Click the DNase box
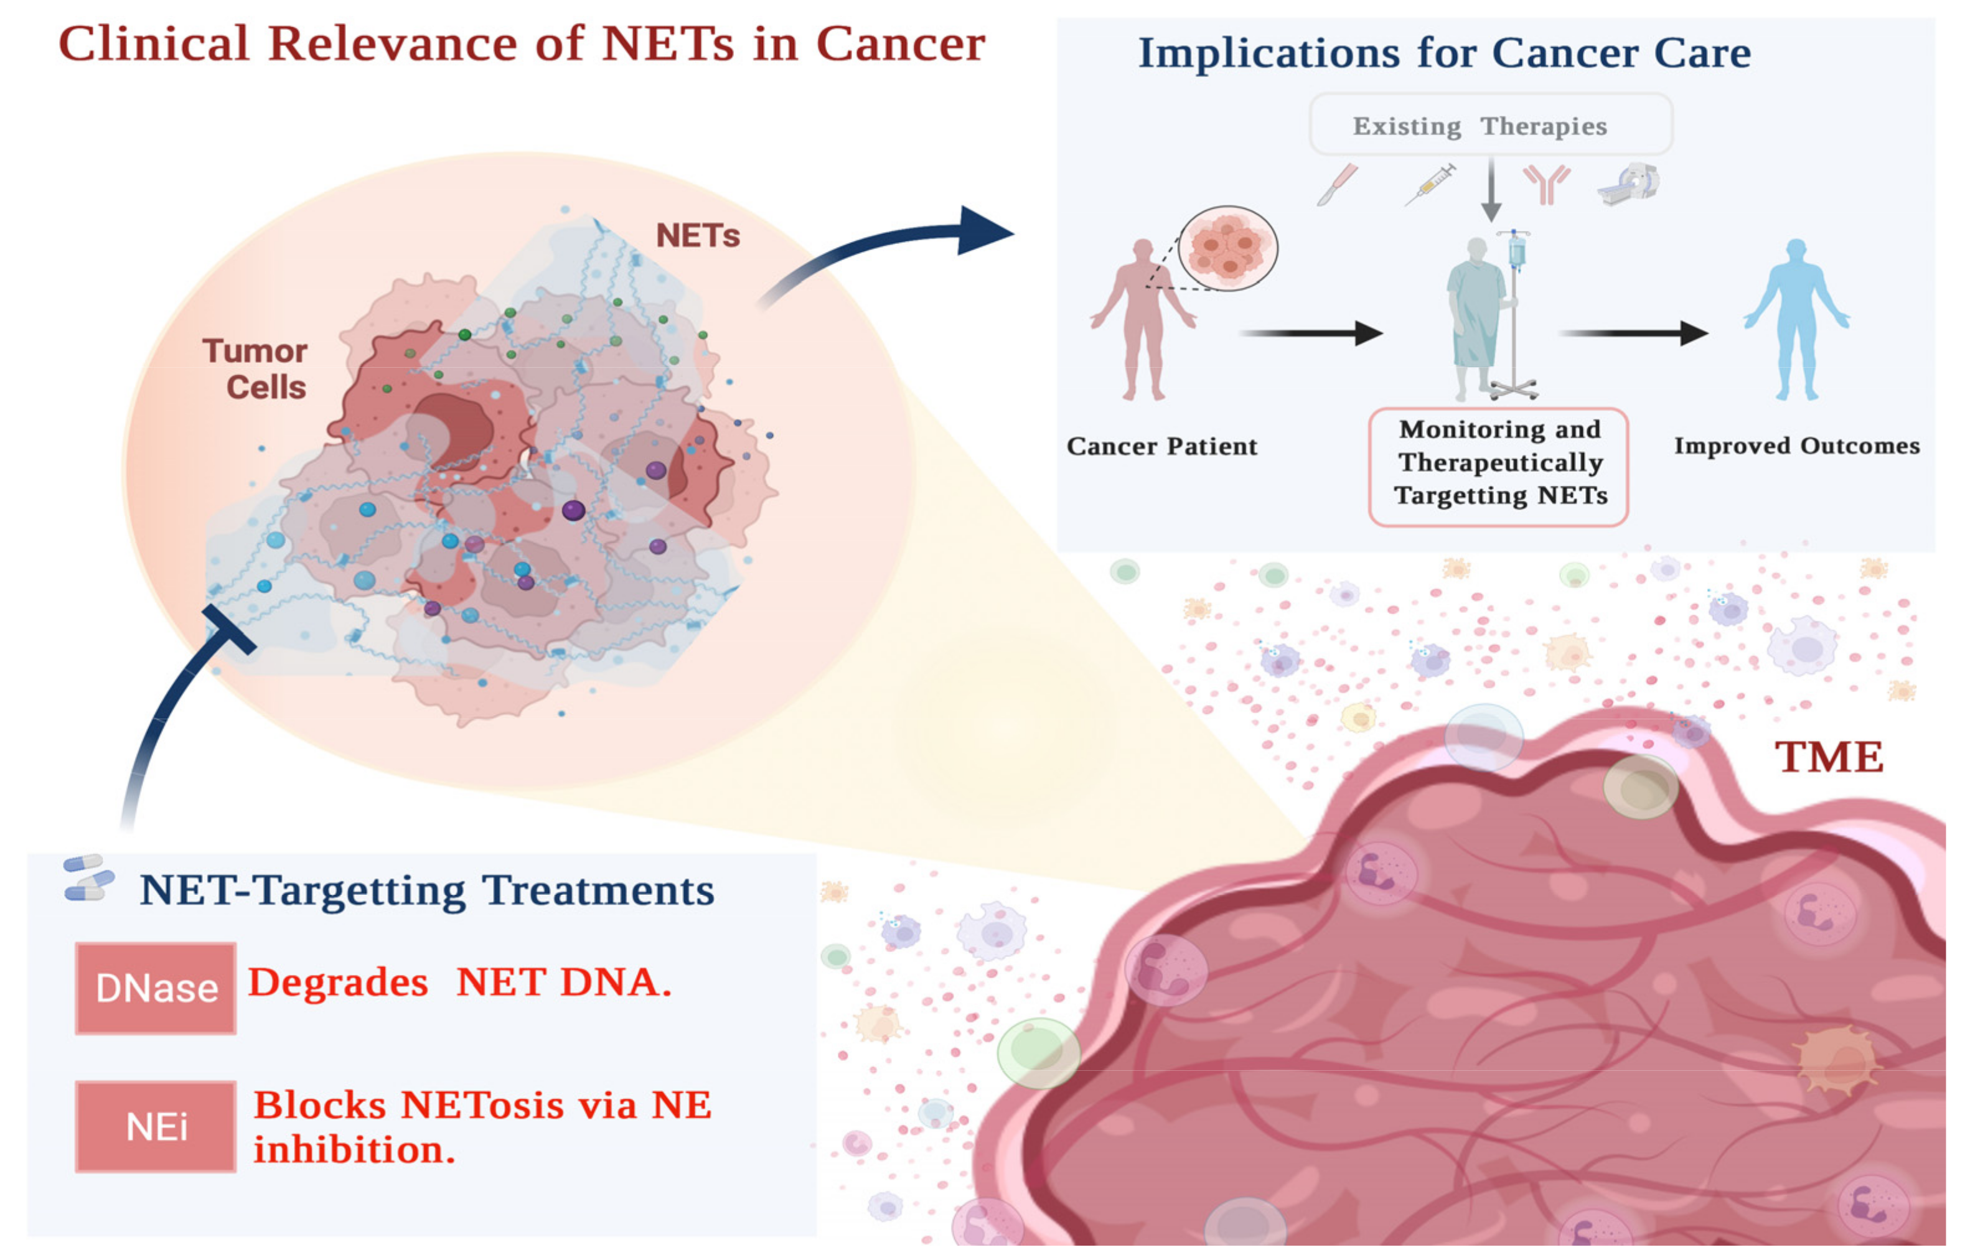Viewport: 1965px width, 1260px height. (x=156, y=988)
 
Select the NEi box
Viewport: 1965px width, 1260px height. (x=156, y=1127)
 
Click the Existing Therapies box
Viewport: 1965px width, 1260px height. (x=1490, y=125)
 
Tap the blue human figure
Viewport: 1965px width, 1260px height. (x=1796, y=319)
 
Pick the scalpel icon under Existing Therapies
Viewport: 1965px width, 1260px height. (x=1337, y=184)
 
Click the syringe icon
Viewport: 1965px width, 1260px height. (x=1430, y=184)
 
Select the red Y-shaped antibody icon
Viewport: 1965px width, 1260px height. (x=1546, y=184)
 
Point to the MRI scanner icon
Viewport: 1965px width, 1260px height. (x=1629, y=184)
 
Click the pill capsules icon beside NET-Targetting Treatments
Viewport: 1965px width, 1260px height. (x=88, y=879)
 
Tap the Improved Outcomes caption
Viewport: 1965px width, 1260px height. (x=1796, y=446)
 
